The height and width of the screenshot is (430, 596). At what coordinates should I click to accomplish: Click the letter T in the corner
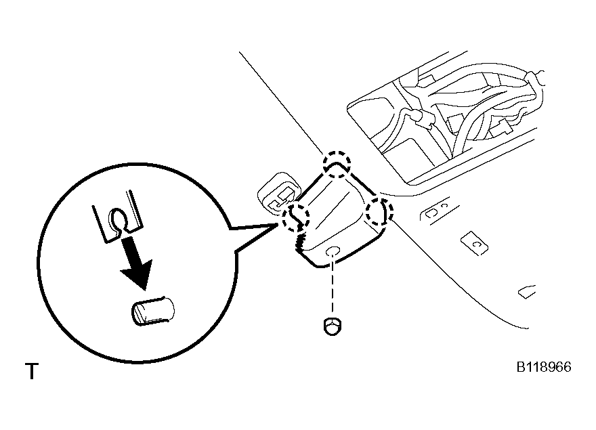[x=31, y=372]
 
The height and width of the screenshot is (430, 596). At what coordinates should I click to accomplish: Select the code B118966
[x=544, y=367]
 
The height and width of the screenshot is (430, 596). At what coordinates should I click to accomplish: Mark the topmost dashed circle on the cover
[x=336, y=163]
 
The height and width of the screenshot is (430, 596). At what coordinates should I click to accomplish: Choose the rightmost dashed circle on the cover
[x=378, y=211]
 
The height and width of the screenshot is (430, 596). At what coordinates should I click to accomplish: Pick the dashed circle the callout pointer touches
[x=295, y=216]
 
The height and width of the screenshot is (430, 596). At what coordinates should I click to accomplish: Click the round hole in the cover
[x=333, y=253]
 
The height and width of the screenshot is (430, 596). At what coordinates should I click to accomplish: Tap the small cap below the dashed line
[x=332, y=325]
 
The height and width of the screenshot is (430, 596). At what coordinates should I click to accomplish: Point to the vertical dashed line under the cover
[x=333, y=288]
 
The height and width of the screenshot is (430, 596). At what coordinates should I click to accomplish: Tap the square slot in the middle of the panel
[x=474, y=242]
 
